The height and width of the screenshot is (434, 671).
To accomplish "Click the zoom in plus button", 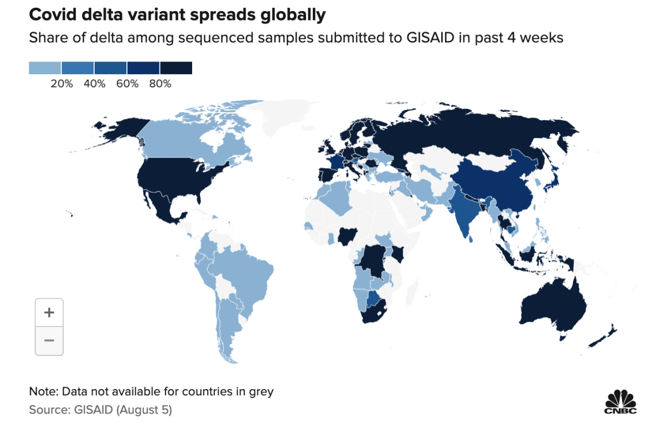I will coord(49,313).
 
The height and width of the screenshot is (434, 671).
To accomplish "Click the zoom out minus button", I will coord(49,340).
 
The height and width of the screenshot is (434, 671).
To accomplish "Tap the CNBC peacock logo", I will coord(621,401).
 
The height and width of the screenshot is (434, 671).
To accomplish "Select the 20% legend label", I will coord(61,84).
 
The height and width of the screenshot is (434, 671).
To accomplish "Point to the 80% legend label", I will coord(160,84).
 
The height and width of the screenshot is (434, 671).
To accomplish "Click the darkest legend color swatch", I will coord(176,68).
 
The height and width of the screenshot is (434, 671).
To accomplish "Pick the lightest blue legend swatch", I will coord(45,68).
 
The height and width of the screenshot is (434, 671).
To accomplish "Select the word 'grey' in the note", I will coord(262,391).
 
